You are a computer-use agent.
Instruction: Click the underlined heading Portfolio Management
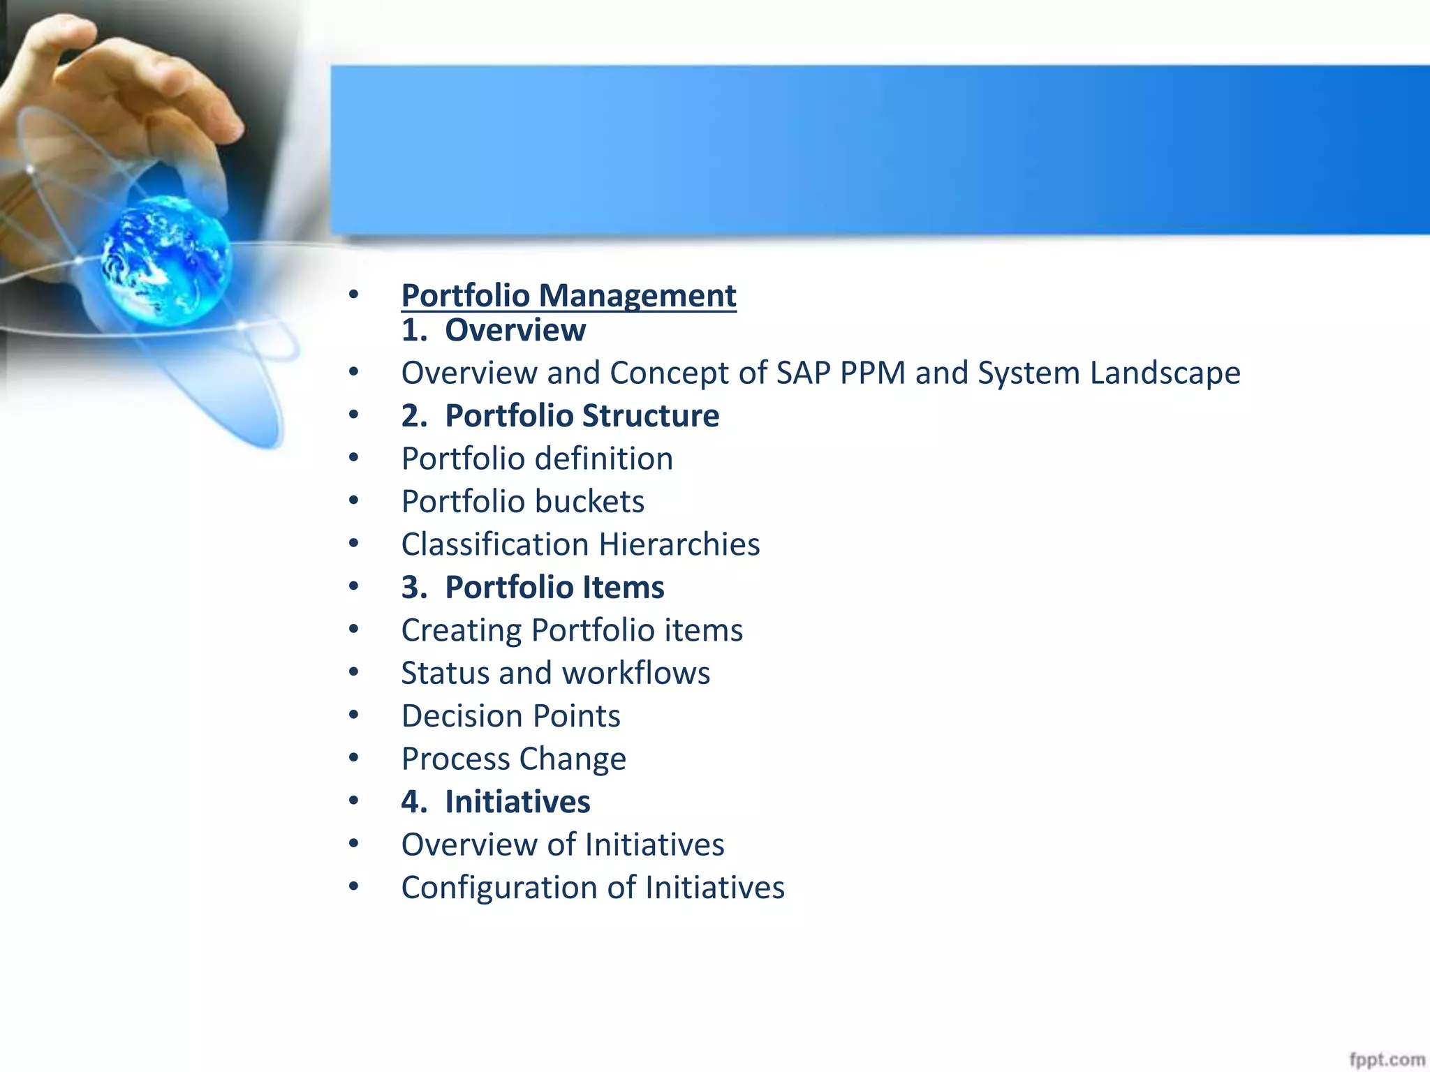pos(568,296)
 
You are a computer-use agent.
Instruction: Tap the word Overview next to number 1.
pos(515,331)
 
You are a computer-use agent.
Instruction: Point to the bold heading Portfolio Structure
pos(582,416)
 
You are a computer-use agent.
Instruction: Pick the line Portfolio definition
pos(537,459)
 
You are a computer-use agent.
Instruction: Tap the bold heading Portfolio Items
pos(554,588)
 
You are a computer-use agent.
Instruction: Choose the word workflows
pos(636,673)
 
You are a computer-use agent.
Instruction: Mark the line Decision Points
pos(510,717)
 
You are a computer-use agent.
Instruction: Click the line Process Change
pos(513,759)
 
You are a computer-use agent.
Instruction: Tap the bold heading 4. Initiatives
pos(496,802)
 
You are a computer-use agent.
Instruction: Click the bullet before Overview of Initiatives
pos(354,844)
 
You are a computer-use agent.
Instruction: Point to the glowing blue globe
pos(165,260)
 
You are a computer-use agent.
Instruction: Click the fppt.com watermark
pos(1386,1059)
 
